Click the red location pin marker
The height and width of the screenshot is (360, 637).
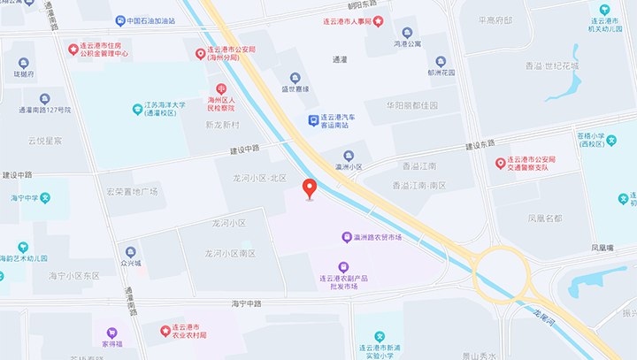point(309,188)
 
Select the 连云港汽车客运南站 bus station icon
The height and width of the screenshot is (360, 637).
point(312,120)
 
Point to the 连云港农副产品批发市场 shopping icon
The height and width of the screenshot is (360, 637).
point(343,266)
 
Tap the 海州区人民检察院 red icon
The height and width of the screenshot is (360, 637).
point(221,88)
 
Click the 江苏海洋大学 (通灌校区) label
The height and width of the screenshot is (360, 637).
point(165,110)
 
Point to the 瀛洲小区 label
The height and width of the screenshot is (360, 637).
point(349,166)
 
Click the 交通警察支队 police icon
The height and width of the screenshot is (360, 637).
point(500,164)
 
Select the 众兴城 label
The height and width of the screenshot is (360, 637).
point(131,263)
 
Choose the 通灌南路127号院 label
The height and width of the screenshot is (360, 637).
point(43,111)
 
